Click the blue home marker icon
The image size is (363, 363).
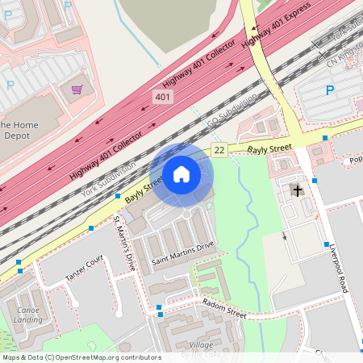(x=181, y=174)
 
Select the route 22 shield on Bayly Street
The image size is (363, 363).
(x=219, y=149)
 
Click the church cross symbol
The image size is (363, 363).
(x=298, y=191)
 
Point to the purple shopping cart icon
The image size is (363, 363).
(x=77, y=90)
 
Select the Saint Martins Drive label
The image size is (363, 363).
(x=183, y=252)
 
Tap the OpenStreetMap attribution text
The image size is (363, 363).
(x=81, y=357)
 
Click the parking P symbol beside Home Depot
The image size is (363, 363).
(x=11, y=84)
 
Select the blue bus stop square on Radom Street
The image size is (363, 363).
(x=160, y=308)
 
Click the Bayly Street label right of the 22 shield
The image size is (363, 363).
(x=269, y=148)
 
